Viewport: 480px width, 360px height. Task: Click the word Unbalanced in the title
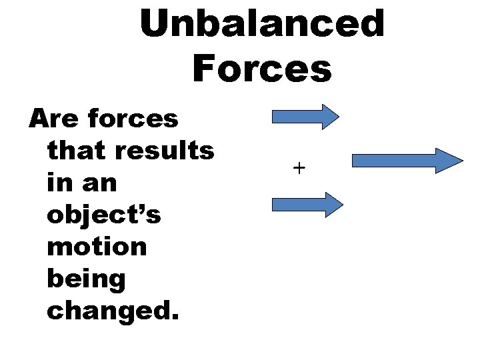[262, 24]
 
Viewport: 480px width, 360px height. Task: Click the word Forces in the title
[262, 68]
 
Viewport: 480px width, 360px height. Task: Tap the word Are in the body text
[52, 119]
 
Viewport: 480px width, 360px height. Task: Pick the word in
[59, 182]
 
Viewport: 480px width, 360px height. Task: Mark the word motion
[97, 246]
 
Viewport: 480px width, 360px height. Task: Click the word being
[86, 278]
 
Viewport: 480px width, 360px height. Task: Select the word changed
[110, 309]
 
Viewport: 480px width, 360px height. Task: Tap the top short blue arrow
[305, 116]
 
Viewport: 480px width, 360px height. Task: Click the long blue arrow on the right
[406, 161]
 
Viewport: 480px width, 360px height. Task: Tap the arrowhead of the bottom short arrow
[331, 204]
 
